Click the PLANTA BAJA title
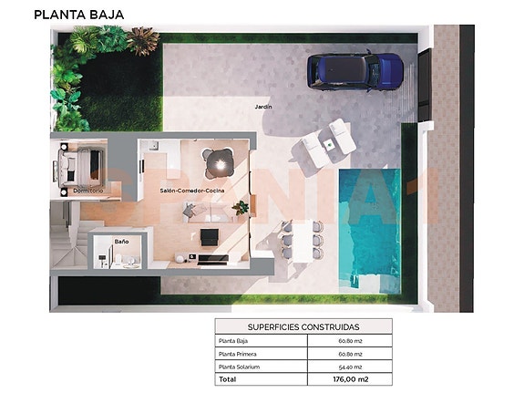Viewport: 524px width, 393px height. [79, 14]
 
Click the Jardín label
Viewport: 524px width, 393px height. [263, 107]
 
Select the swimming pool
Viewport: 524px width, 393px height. [372, 223]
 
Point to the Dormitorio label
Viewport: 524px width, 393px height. [87, 191]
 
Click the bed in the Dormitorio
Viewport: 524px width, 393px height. [80, 167]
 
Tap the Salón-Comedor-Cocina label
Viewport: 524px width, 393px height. [191, 191]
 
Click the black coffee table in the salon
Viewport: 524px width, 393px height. [210, 237]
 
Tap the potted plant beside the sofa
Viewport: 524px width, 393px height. [241, 208]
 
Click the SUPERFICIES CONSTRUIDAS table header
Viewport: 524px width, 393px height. [303, 326]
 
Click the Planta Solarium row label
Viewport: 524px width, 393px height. [240, 366]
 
